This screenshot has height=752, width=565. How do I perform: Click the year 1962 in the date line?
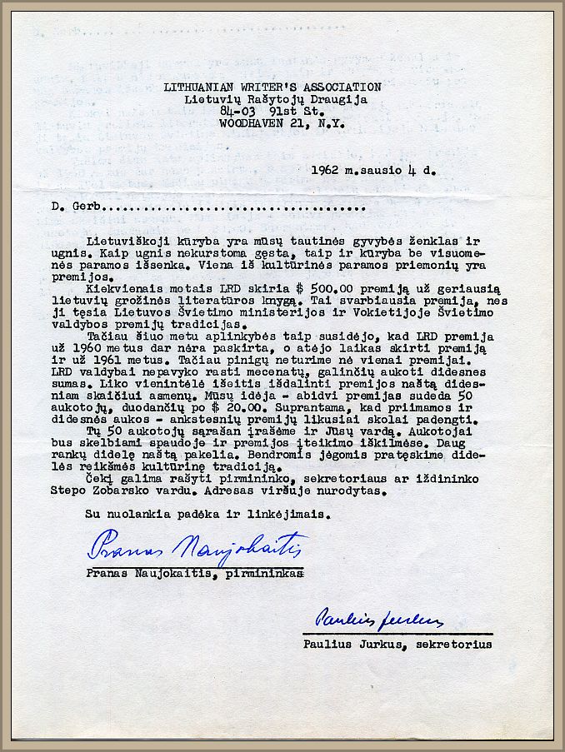[325, 170]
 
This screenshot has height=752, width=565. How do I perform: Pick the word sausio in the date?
[382, 170]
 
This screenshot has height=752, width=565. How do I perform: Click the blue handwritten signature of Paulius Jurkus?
[378, 619]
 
